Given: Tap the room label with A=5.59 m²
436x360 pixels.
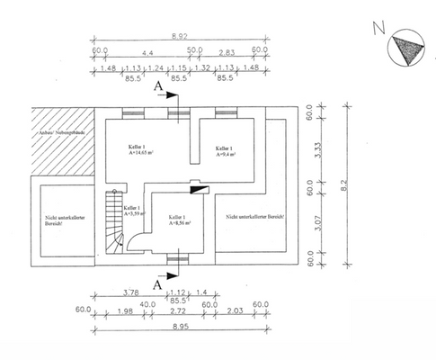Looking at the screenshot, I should click(129, 211).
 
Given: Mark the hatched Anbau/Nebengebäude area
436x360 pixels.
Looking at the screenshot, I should click(63, 141).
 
